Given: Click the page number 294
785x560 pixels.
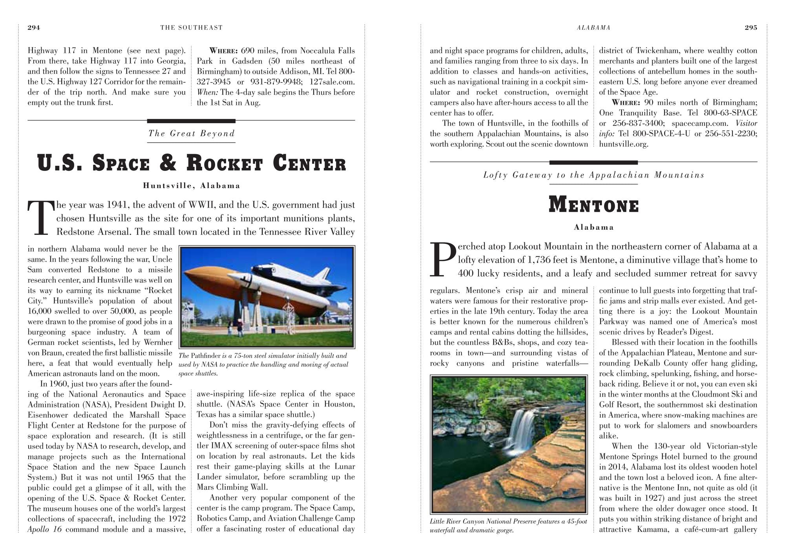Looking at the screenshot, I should tap(34, 27).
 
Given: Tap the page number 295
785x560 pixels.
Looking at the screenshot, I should tap(751, 27).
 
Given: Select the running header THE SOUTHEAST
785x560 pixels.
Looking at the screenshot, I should tap(192, 27).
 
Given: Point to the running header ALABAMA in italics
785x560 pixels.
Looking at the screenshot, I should tap(593, 27).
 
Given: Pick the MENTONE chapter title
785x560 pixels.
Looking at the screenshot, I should tap(593, 205).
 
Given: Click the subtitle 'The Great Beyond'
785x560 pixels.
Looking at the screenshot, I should tap(192, 133).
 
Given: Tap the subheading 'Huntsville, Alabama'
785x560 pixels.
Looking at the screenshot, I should tap(192, 185).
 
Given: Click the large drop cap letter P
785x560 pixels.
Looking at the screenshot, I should tap(442, 259).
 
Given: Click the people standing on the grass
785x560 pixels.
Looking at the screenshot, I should tap(235, 328).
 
